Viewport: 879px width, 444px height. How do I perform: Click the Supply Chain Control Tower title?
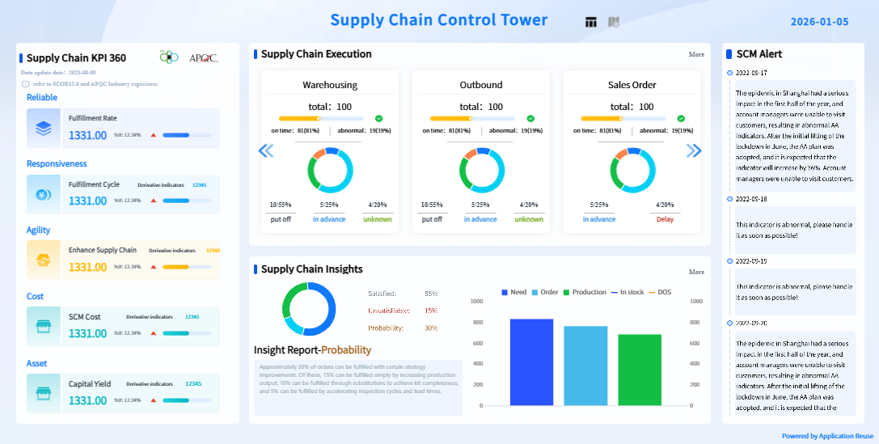[x=438, y=20]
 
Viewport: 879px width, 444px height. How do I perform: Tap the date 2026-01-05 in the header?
[x=819, y=22]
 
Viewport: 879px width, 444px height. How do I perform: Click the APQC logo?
[x=203, y=57]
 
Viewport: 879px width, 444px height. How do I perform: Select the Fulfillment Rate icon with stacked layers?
[x=44, y=129]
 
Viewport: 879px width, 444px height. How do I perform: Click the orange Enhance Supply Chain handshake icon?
[x=44, y=260]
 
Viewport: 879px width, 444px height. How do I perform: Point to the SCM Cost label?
[x=84, y=317]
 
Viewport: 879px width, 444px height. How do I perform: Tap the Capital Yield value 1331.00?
[x=87, y=400]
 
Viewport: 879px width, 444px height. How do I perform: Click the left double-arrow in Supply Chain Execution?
[x=265, y=150]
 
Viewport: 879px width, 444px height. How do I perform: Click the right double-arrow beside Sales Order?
[x=694, y=150]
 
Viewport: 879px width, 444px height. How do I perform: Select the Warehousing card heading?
[x=330, y=85]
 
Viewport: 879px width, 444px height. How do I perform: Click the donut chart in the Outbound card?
[x=481, y=171]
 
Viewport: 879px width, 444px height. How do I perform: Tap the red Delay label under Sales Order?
[x=665, y=219]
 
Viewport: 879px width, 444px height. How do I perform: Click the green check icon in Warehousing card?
[x=378, y=119]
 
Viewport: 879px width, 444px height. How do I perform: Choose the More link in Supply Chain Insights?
[x=696, y=273]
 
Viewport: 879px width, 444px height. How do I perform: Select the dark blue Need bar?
[x=531, y=362]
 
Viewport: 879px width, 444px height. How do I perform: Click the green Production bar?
[x=640, y=370]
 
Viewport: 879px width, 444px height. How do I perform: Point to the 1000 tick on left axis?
[x=476, y=301]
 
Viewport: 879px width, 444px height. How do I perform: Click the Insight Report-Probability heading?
[x=312, y=350]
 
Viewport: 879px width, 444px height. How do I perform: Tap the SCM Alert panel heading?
[x=759, y=54]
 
